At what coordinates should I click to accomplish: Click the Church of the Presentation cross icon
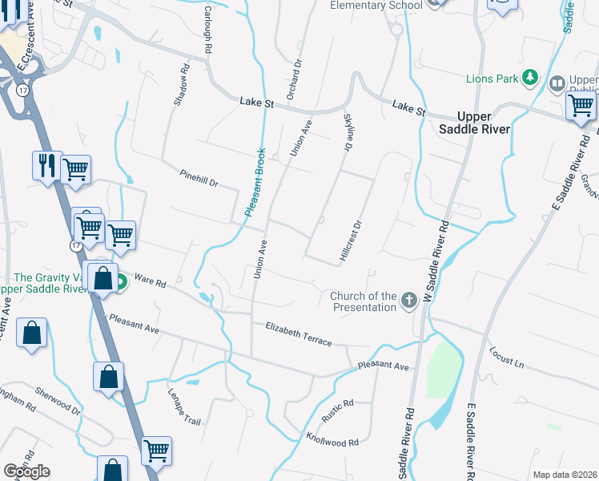click(409, 301)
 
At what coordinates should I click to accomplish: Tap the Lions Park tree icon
click(529, 78)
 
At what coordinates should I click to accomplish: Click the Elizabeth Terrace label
click(299, 333)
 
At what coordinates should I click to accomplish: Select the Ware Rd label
click(150, 283)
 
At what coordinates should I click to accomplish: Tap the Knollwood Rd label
click(332, 439)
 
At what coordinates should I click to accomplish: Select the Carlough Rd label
click(207, 32)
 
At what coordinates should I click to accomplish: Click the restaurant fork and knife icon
click(46, 165)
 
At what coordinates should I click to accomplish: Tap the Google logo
click(26, 471)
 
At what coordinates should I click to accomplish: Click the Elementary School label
click(377, 6)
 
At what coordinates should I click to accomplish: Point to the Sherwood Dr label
click(58, 401)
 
